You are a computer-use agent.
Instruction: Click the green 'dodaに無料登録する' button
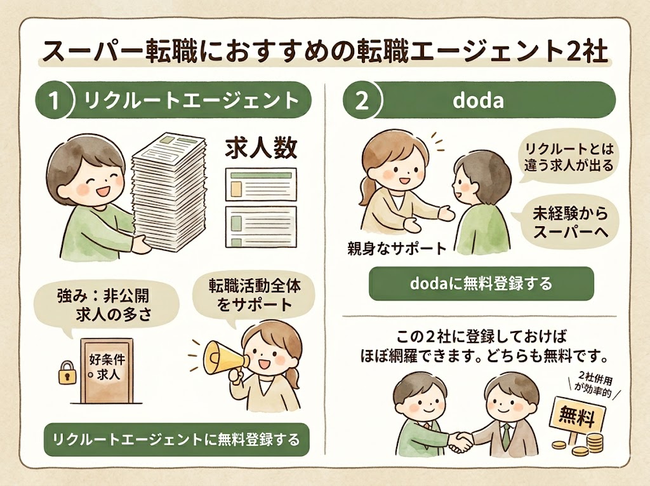pyautogui.click(x=481, y=283)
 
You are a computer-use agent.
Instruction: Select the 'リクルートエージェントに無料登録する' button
pyautogui.click(x=176, y=439)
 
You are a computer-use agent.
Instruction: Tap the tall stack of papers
pyautogui.click(x=169, y=191)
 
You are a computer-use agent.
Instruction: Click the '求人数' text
pyautogui.click(x=261, y=148)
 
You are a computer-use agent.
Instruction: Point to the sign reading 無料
pyautogui.click(x=576, y=417)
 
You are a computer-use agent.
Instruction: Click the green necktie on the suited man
pyautogui.click(x=506, y=432)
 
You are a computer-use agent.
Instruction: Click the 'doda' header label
pyautogui.click(x=479, y=102)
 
